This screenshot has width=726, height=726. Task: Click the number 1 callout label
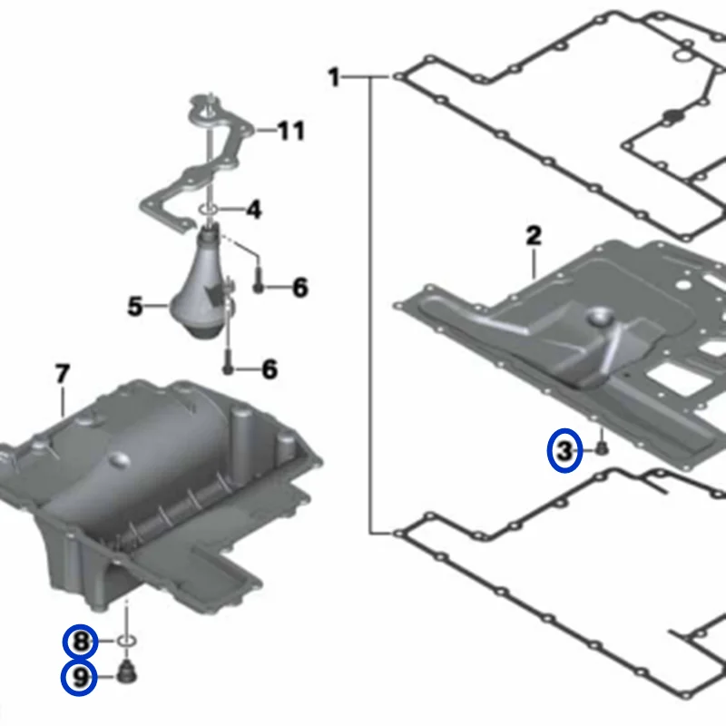pyautogui.click(x=334, y=78)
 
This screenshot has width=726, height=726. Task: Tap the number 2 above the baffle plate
pyautogui.click(x=534, y=238)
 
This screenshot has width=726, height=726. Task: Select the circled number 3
pyautogui.click(x=565, y=451)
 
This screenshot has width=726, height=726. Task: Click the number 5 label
pyautogui.click(x=135, y=307)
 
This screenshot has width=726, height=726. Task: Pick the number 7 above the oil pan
pyautogui.click(x=62, y=373)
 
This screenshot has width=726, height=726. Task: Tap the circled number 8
pyautogui.click(x=81, y=643)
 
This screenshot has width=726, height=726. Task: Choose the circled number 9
pyautogui.click(x=81, y=677)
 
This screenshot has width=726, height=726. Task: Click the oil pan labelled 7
pyautogui.click(x=163, y=481)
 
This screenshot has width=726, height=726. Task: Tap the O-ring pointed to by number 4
pyautogui.click(x=209, y=211)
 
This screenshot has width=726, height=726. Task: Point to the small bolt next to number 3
pyautogui.click(x=601, y=447)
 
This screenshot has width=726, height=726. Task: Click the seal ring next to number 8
pyautogui.click(x=128, y=643)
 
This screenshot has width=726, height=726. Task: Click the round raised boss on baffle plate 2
pyautogui.click(x=601, y=318)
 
